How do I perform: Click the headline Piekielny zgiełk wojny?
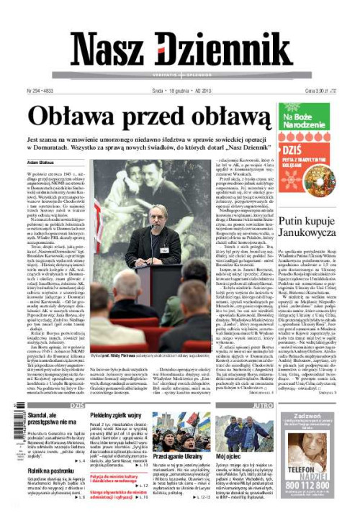click(x=120, y=417)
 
